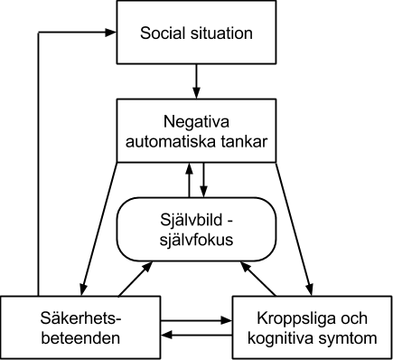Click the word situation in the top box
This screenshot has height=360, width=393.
tap(221, 33)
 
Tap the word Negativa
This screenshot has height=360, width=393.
tap(196, 122)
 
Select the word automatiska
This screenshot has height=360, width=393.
tap(171, 141)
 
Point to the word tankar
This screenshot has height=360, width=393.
tap(244, 141)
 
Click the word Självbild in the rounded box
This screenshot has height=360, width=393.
tap(192, 220)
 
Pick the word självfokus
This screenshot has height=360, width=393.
tap(196, 240)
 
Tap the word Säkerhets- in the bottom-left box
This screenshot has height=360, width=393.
tap(80, 318)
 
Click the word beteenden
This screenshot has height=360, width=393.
tap(80, 338)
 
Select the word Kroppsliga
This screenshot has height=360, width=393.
tap(295, 318)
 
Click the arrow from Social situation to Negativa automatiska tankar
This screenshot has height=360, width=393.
tap(196, 81)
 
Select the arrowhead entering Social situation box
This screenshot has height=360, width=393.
tap(110, 33)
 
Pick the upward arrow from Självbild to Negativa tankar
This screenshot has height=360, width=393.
tap(189, 180)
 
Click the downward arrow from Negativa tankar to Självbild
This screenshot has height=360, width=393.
tap(204, 180)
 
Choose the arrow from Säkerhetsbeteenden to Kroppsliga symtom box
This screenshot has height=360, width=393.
tap(196, 320)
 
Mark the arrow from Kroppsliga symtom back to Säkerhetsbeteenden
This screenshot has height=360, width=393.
tap(196, 335)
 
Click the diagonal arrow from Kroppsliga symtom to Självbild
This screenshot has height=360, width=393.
tap(257, 279)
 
